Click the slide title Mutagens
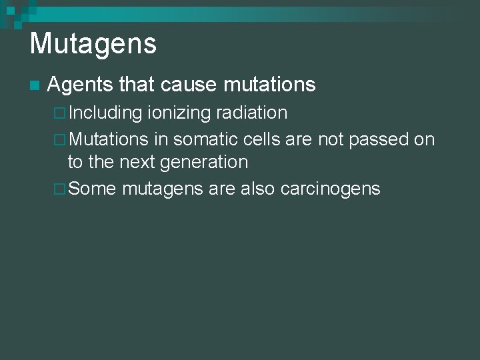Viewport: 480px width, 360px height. [93, 44]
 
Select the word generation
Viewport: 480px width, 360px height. [204, 162]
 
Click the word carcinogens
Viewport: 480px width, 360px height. [331, 189]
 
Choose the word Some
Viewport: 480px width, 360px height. [92, 189]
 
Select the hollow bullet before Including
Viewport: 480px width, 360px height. [59, 113]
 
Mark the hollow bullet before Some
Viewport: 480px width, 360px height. [59, 189]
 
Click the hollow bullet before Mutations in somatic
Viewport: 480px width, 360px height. [59, 140]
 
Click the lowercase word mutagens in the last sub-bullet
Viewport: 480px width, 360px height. [162, 189]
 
